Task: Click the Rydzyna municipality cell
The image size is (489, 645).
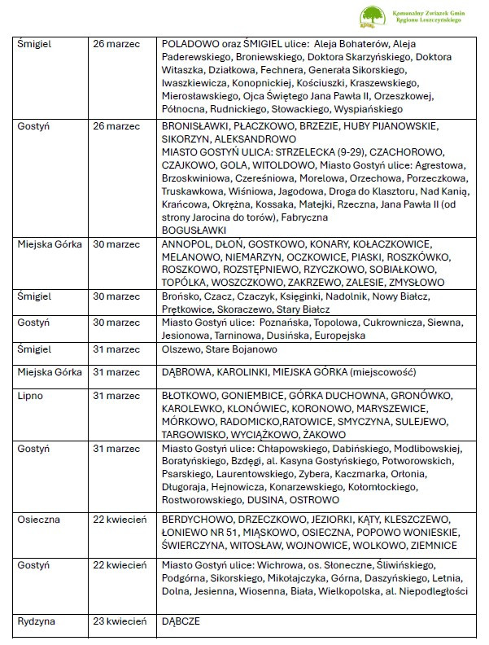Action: tap(37, 621)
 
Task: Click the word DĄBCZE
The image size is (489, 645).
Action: tap(181, 621)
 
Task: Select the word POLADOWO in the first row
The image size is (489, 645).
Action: tap(190, 42)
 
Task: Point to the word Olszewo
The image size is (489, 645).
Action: tap(183, 349)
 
